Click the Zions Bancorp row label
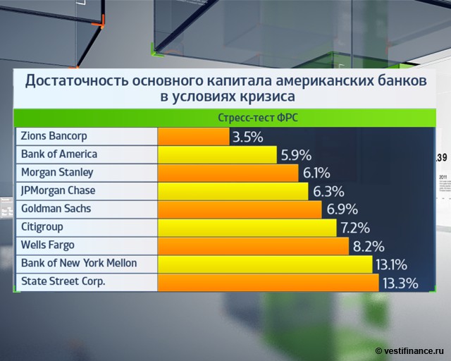point(54,135)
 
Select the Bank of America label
point(59,154)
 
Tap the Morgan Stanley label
point(57,172)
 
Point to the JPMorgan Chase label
point(58,190)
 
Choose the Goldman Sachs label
point(56,209)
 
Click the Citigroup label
point(44,227)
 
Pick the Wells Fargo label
point(48,245)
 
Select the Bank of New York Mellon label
point(79,264)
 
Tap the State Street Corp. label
point(63,282)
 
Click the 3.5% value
point(247,136)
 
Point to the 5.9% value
point(295,154)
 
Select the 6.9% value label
point(342,209)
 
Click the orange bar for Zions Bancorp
point(194,136)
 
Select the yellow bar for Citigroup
point(247,228)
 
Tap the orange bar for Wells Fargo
point(253,246)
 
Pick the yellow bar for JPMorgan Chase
point(233,191)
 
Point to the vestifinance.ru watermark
point(410,350)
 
